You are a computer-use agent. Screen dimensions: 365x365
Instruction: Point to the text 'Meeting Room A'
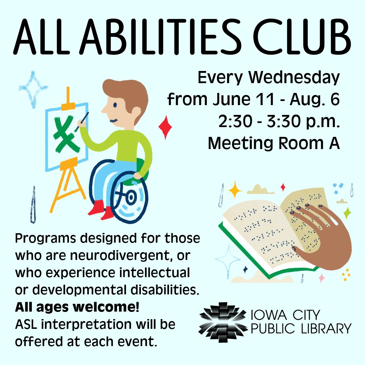(273, 143)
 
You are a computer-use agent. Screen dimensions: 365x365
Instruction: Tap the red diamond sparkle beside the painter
(165, 127)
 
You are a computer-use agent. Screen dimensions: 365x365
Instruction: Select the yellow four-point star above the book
(235, 190)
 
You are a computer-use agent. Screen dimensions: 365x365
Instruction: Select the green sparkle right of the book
(347, 213)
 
